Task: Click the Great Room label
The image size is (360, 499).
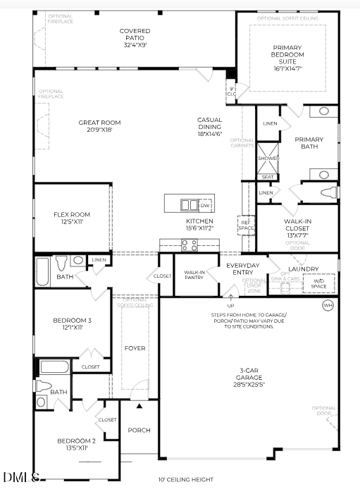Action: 94,126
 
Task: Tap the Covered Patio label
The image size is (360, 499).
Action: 134,38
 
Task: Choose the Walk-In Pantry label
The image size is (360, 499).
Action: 194,275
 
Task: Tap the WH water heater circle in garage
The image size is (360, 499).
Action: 328,305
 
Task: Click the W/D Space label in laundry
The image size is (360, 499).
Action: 318,284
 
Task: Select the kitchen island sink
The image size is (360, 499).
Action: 189,205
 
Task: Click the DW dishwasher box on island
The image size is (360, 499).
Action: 206,205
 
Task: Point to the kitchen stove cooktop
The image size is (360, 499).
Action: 190,245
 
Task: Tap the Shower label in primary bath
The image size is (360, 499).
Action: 268,159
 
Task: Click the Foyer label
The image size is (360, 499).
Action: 135,348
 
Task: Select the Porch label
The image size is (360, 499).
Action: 139,430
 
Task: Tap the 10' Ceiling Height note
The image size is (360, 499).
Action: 185,480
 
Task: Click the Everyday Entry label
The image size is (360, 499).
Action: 242,269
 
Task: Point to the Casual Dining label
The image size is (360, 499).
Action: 209,126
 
